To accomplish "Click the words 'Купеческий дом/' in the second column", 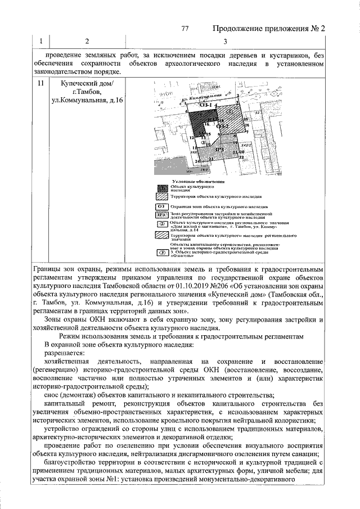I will (87, 83).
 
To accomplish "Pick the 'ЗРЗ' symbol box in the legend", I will (161, 214).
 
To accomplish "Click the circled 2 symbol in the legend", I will (161, 223).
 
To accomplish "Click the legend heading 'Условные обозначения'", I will (199, 182).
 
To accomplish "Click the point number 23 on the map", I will (210, 159).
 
